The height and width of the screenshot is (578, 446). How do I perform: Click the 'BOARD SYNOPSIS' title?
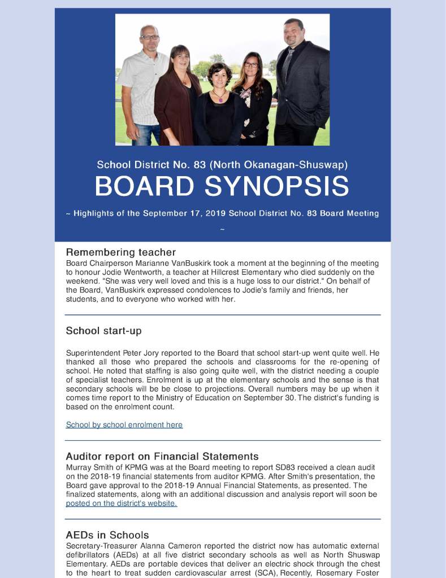tap(222, 187)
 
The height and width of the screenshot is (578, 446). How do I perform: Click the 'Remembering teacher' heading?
tap(120, 252)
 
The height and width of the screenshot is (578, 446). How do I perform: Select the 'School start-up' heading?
tap(103, 331)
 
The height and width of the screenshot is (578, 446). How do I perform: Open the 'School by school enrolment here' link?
tap(124, 424)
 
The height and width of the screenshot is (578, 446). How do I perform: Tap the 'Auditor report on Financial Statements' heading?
tap(162, 456)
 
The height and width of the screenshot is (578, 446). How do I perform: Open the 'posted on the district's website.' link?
tap(121, 503)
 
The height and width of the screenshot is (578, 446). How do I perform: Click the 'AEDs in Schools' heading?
tap(107, 535)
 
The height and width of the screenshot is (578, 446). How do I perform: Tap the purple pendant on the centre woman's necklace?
tap(219, 99)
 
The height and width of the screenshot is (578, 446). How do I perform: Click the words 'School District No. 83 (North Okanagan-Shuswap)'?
tap(222, 165)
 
